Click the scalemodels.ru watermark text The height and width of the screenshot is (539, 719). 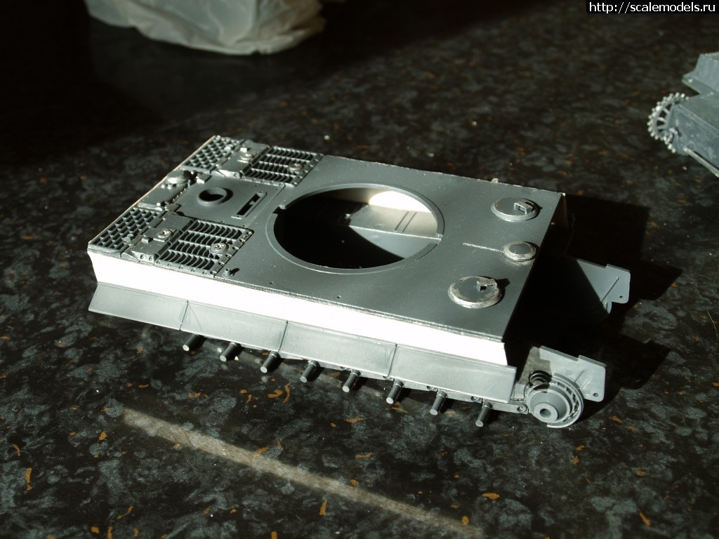click(653, 7)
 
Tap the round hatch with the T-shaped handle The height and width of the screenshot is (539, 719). click(475, 292)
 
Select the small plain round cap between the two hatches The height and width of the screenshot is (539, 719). click(520, 251)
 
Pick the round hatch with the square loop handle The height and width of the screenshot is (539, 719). click(516, 208)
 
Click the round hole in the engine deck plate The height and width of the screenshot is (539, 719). click(213, 196)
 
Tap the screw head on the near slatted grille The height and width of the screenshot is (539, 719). click(219, 248)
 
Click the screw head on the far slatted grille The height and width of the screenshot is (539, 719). click(295, 166)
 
